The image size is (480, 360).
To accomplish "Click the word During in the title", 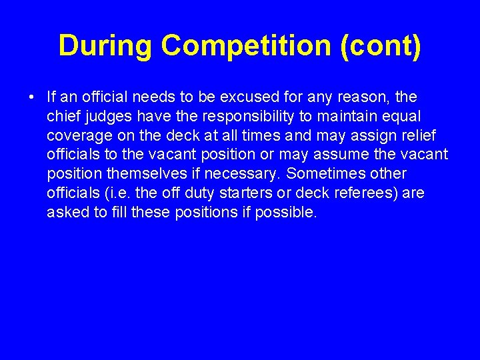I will [105, 46].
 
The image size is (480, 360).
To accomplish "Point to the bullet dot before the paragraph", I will [31, 98].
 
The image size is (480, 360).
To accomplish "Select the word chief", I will [63, 117].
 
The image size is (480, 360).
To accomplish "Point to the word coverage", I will [78, 136].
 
